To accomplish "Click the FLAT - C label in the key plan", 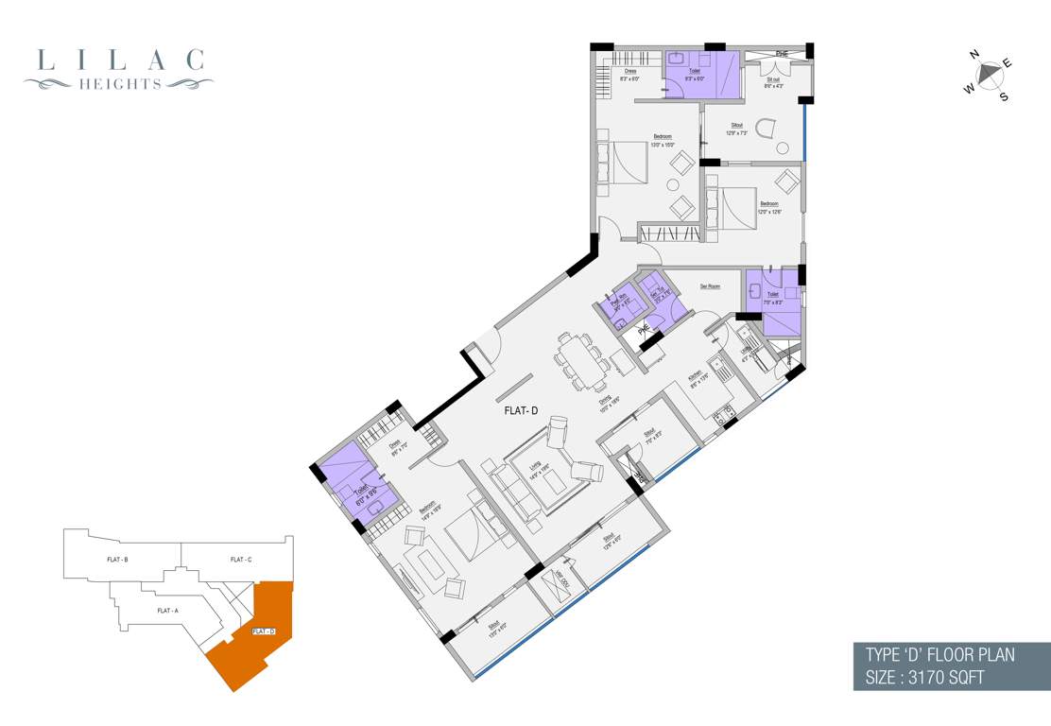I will (240, 560).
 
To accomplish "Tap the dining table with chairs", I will (579, 359).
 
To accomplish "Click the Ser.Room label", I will (711, 286).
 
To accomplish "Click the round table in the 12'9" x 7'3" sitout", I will (782, 147).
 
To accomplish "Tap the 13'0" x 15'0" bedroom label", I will (662, 137).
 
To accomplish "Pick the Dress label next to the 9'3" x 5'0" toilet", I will (629, 71).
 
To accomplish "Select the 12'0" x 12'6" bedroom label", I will (768, 203).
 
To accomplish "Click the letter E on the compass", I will (1007, 63).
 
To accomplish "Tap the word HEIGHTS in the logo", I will (120, 84).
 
